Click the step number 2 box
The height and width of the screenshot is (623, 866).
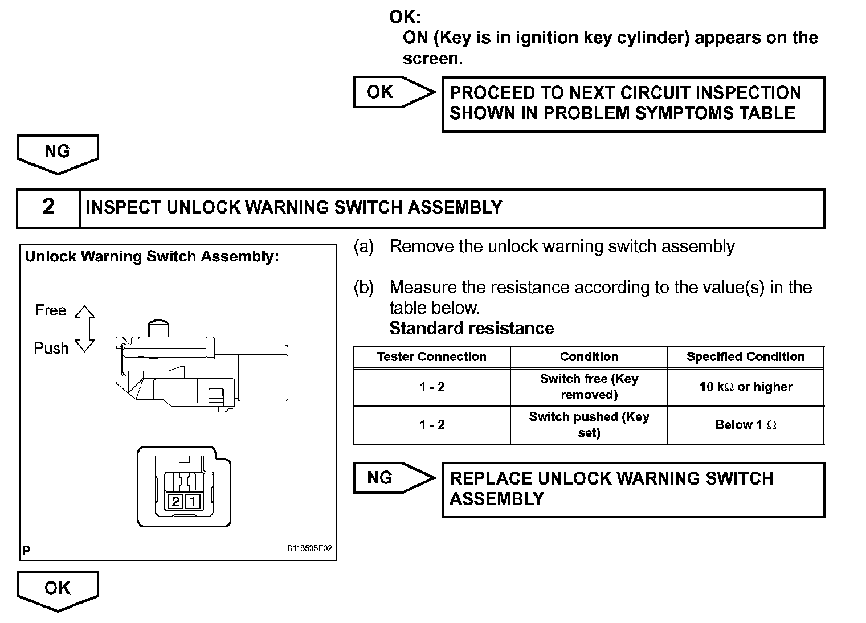pos(48,207)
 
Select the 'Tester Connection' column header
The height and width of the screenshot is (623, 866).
pos(431,357)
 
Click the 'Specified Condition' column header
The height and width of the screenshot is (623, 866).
pos(745,357)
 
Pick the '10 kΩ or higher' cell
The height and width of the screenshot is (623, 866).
pos(745,387)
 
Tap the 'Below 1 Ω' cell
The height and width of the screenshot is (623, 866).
pos(745,425)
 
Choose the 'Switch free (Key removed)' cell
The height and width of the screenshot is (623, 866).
pos(589,387)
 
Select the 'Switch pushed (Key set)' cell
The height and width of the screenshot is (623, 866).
pos(589,425)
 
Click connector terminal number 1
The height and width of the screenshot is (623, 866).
pos(193,501)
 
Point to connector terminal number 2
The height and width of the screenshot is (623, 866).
pos(175,501)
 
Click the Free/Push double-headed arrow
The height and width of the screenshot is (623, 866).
pos(85,329)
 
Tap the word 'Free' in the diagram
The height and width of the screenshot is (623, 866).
pos(51,310)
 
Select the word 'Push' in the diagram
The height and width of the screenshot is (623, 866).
pos(51,348)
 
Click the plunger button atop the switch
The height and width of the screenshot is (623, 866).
pos(159,328)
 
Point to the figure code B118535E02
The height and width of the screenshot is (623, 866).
pos(309,549)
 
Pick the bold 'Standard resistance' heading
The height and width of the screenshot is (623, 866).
pos(471,329)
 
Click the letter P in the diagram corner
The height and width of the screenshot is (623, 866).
pos(27,551)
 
